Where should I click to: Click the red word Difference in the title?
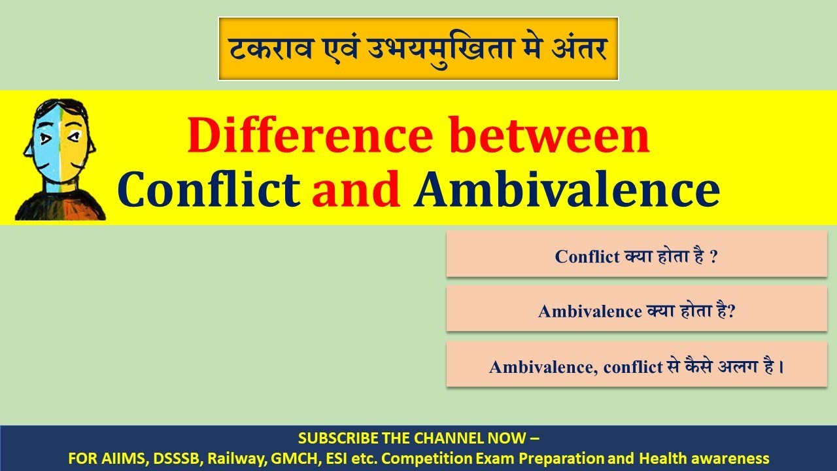click(x=310, y=135)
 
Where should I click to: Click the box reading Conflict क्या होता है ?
click(x=636, y=256)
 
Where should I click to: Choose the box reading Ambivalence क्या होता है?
click(x=636, y=311)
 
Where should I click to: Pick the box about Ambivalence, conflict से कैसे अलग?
click(x=636, y=366)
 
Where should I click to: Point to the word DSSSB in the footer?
click(x=173, y=458)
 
